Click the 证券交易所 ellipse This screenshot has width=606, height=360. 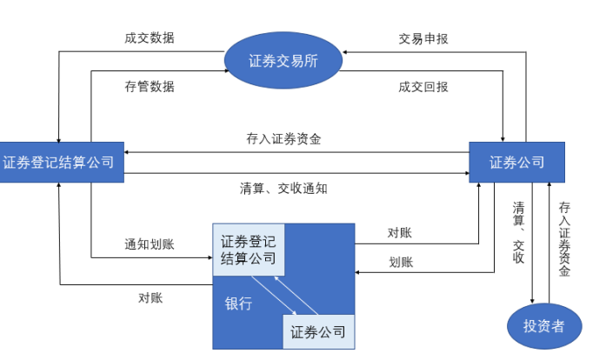pos(283,62)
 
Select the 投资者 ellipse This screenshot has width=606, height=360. pos(543,326)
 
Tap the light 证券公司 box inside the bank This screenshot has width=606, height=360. pos(318,331)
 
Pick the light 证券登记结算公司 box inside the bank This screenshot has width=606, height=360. pos(248,250)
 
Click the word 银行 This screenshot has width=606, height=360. pos(238,303)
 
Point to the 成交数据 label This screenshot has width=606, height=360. pos(150,38)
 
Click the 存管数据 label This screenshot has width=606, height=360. pos(150,86)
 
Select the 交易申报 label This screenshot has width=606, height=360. pos(423,38)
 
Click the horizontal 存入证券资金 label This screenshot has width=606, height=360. pos(283,139)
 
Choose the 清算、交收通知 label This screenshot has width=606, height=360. pos(283,187)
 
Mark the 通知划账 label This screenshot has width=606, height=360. pos(150,244)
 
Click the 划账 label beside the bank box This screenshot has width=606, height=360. pos(401,262)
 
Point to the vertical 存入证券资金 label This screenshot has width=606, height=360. pos(564,239)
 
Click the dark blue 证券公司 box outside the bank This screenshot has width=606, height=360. pos(516,162)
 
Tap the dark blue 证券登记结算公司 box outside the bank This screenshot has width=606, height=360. pos(58,162)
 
